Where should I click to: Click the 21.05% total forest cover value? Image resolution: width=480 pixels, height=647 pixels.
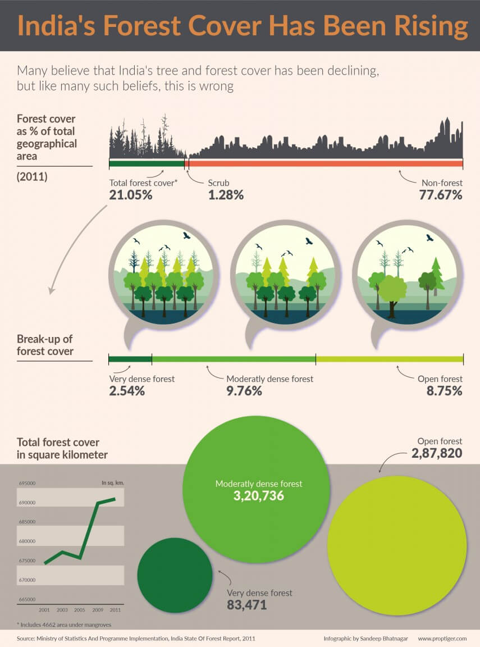(x=130, y=195)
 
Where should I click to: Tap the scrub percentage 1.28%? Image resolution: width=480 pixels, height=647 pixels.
(x=226, y=195)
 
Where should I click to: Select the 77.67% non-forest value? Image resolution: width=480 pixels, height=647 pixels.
(x=441, y=195)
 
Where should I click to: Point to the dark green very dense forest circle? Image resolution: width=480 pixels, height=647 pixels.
(x=175, y=575)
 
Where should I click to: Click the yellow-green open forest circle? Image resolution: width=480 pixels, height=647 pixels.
(x=397, y=545)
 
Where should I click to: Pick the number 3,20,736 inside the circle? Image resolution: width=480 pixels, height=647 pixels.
(x=259, y=496)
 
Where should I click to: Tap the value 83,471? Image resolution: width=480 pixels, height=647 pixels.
(x=246, y=605)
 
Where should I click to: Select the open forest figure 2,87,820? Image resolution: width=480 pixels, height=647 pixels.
(x=437, y=453)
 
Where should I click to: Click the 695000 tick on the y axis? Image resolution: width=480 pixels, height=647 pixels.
(x=28, y=483)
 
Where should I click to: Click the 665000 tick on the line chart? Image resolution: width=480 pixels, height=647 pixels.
(x=28, y=599)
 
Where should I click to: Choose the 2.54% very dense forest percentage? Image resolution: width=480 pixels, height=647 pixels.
(x=127, y=391)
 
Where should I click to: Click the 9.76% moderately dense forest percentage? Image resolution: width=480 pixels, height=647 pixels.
(x=244, y=391)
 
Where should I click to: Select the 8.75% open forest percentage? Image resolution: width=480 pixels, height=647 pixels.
(x=444, y=391)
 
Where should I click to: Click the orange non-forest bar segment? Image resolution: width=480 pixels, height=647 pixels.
(x=326, y=163)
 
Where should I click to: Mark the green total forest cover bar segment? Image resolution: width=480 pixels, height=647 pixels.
(x=147, y=163)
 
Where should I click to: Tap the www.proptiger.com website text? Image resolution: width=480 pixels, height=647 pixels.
(x=442, y=639)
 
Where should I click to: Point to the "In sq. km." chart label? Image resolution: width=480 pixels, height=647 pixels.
(x=112, y=482)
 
